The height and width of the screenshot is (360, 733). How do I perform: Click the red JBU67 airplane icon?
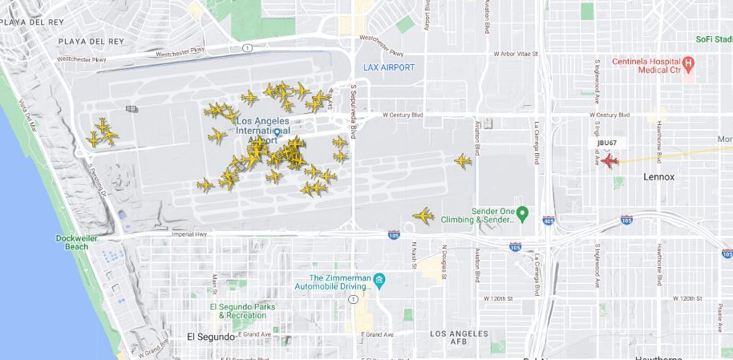(x=609, y=161)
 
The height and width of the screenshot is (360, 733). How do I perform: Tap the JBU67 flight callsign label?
(x=607, y=143)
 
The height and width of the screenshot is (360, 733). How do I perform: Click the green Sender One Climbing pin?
(x=521, y=212)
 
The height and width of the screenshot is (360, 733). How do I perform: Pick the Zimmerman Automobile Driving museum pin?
(x=379, y=280)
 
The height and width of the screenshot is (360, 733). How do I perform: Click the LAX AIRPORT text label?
(x=389, y=67)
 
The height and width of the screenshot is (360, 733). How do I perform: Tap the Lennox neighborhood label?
(x=659, y=176)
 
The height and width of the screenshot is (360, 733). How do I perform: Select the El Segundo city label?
(x=211, y=337)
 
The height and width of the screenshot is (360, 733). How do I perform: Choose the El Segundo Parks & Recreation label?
(x=243, y=311)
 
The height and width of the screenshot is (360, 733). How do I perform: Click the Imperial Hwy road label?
(x=189, y=234)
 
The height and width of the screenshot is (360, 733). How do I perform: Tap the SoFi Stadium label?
(x=714, y=38)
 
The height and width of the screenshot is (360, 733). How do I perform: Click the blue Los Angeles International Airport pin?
(x=277, y=133)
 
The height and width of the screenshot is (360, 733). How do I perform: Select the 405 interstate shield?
(x=548, y=220)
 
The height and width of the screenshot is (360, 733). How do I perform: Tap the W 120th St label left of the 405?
(x=497, y=298)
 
